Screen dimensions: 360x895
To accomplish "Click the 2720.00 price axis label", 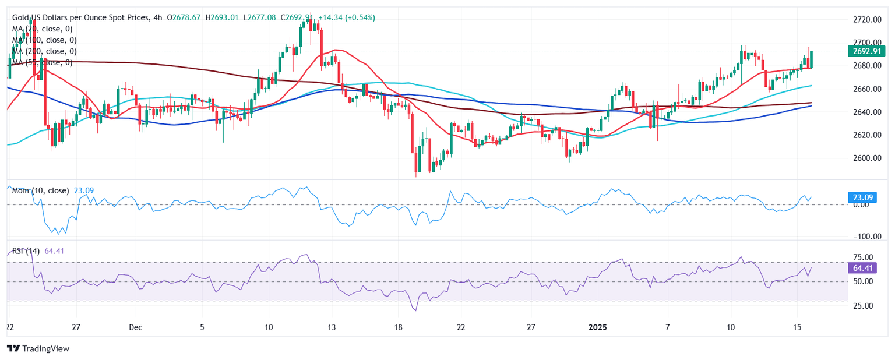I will click(865, 20).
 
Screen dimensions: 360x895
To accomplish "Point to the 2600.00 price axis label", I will click(865, 158).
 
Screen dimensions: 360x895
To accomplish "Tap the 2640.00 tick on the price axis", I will click(865, 112).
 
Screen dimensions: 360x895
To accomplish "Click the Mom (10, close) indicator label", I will click(40, 190).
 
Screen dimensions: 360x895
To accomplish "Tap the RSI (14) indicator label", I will click(26, 251).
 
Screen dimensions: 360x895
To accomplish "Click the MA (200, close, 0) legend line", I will click(44, 51).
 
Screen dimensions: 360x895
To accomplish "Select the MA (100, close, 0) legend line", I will click(44, 40).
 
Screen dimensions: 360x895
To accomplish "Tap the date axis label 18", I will click(397, 327).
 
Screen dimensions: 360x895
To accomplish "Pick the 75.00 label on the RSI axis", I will click(865, 257).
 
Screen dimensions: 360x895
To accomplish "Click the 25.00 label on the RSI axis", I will click(865, 306).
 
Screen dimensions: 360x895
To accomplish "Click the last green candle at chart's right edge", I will click(812, 59).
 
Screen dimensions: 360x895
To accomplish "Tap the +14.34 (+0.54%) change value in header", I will click(347, 18).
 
